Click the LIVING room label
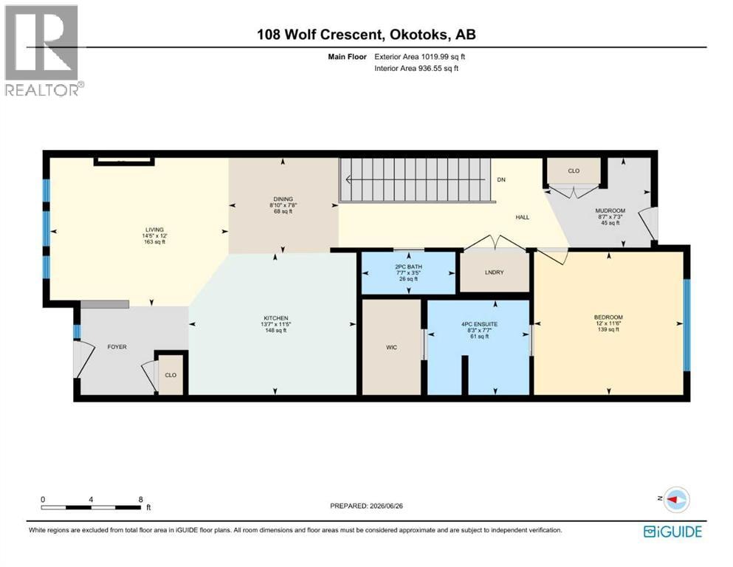pos(154,230)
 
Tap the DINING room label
pos(283,199)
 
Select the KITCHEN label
pos(276,318)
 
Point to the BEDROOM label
pos(608,317)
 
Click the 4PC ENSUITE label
pos(479,324)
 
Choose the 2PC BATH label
pos(408,267)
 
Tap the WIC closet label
pos(391,347)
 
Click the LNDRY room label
pos(494,272)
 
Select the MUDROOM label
pos(610,211)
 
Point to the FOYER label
pos(117,347)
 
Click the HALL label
pos(522,217)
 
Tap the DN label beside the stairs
pos(501,180)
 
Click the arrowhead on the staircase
pos(348,179)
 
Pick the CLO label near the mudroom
pos(574,171)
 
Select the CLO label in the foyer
pos(171,375)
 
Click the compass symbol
pos(676,499)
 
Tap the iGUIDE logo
pos(672,532)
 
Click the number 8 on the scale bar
pos(141,500)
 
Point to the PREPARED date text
pos(366,506)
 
